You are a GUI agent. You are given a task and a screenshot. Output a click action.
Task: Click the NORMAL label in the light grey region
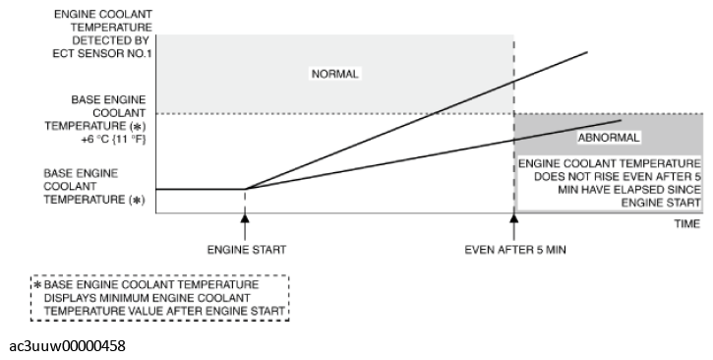(335, 74)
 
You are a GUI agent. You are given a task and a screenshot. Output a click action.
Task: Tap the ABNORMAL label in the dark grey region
(609, 138)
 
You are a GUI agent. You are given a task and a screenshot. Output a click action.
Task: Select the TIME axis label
(687, 223)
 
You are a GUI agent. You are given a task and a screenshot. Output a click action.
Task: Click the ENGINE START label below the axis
(247, 250)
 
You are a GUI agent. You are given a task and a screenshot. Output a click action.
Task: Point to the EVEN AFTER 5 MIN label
(515, 250)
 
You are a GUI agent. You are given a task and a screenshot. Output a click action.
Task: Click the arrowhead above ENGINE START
(245, 217)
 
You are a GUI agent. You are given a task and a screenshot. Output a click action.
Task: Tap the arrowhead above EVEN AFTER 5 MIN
(514, 217)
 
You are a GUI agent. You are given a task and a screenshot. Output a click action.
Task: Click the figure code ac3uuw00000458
(67, 346)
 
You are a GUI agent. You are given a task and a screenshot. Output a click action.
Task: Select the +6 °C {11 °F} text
(114, 139)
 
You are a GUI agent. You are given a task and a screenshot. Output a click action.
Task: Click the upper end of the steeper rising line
(587, 52)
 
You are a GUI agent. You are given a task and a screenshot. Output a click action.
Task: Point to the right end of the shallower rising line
(622, 120)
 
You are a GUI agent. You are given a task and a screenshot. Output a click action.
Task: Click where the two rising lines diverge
(246, 189)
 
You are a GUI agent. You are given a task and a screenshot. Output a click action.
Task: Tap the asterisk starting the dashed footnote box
(37, 285)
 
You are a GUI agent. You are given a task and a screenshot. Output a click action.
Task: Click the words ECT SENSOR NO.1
(102, 53)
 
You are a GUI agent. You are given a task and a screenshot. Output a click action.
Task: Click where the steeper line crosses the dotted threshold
(436, 113)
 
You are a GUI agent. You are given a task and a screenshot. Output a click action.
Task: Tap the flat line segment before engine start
(201, 189)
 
